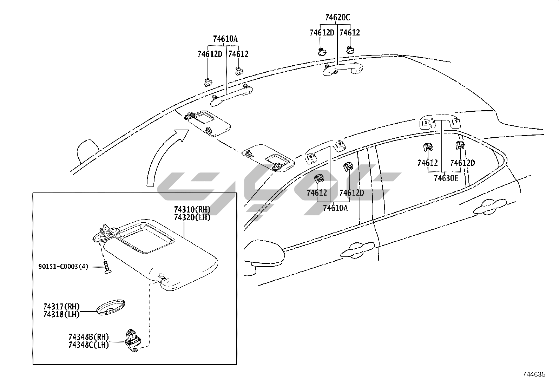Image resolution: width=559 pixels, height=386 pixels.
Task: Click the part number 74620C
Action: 337,17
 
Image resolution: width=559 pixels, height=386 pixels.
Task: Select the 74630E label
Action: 446,178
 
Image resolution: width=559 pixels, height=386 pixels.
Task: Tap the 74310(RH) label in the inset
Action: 192,210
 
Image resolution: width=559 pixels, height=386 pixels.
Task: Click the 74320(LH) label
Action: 192,217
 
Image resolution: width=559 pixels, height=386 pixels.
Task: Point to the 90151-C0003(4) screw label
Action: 63,267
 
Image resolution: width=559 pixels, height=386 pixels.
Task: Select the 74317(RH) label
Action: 61,307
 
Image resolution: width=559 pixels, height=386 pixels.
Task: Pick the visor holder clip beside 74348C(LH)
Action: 133,341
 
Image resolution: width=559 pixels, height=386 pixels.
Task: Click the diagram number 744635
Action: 534,374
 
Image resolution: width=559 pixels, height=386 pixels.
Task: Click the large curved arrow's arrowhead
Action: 182,135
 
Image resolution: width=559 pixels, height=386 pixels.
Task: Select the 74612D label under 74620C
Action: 322,33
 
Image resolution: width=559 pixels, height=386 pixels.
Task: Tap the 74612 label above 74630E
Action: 427,163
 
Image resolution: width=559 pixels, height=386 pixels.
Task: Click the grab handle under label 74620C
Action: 342,69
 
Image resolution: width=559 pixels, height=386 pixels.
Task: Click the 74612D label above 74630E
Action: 462,163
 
